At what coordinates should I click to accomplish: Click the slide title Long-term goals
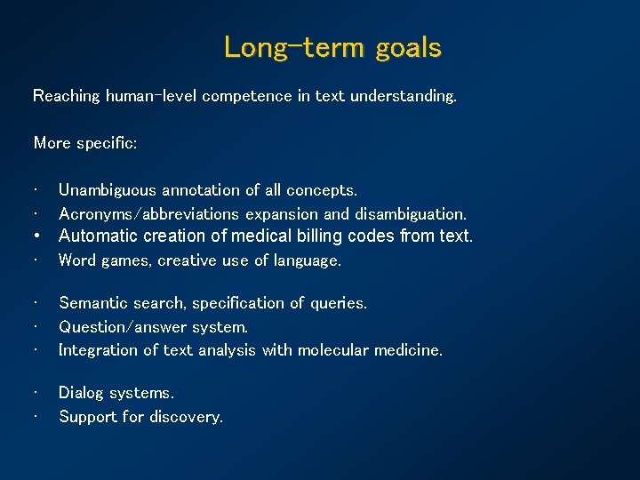click(x=332, y=47)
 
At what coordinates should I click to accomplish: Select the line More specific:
click(x=85, y=142)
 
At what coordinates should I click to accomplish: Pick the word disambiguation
click(x=410, y=214)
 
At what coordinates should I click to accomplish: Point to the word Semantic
click(x=92, y=303)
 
